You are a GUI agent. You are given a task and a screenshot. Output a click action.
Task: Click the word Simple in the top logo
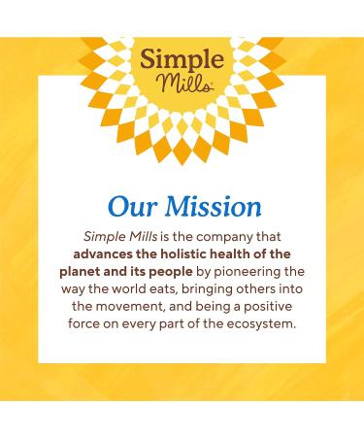[x=182, y=55]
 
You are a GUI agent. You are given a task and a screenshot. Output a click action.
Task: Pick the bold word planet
[x=84, y=272]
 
